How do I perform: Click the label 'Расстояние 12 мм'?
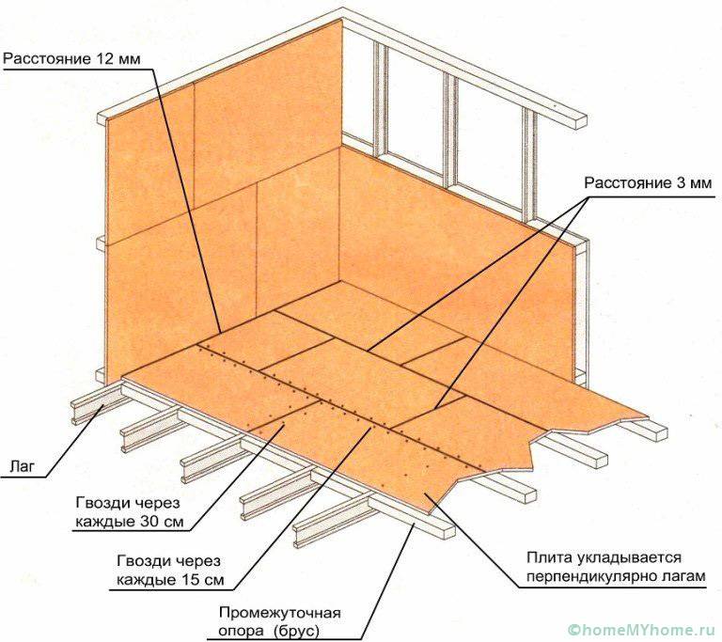71,59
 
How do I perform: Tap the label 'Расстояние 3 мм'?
648,183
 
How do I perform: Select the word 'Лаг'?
22,466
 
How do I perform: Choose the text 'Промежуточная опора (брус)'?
280,621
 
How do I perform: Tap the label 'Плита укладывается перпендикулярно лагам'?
616,567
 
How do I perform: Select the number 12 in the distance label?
105,59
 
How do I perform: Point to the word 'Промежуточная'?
280,613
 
